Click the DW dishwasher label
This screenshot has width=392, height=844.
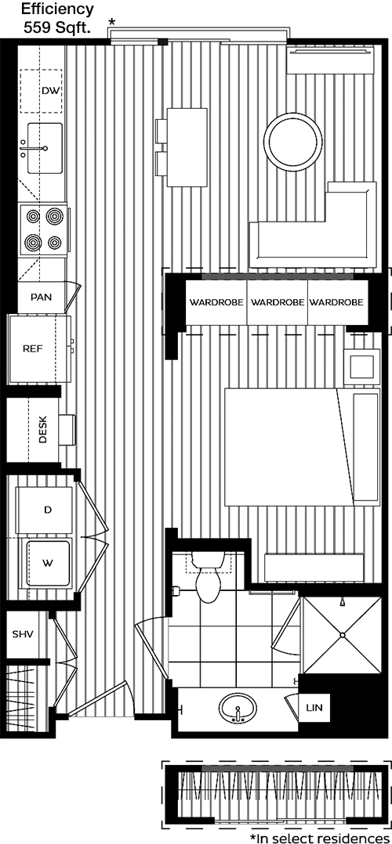[x=51, y=91]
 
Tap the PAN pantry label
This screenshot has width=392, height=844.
[x=42, y=298]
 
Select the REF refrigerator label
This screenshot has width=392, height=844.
[x=32, y=348]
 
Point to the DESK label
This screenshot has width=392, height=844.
[x=44, y=430]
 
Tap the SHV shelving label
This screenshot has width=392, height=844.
[x=23, y=633]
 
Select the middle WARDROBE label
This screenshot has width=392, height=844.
[x=278, y=302]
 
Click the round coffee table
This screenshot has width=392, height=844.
[x=294, y=140]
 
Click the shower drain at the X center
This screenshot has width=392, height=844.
[x=341, y=635]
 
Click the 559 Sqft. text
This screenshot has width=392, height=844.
[x=58, y=27]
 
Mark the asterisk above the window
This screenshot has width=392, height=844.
[x=112, y=23]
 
